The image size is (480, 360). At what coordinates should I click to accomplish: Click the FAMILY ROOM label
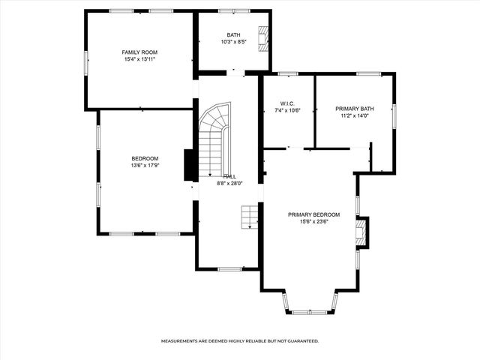[x=139, y=52]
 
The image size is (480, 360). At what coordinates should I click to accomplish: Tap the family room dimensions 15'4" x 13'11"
[x=139, y=59]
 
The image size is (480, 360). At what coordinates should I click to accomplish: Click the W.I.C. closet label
[x=289, y=103]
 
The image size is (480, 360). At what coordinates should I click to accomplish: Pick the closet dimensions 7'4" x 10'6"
[x=289, y=110]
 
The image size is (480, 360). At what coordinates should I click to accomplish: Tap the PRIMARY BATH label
[x=354, y=109]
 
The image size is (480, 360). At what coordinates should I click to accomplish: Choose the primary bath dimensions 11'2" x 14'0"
[x=354, y=116]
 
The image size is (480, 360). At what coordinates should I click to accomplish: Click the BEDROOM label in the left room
[x=145, y=158]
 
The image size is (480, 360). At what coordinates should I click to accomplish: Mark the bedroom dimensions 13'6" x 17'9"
[x=145, y=166]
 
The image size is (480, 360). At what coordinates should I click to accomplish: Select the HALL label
[x=229, y=175]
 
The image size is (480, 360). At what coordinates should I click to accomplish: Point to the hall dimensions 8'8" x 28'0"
[x=229, y=183]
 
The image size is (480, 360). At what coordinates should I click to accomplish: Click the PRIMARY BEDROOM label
[x=313, y=214]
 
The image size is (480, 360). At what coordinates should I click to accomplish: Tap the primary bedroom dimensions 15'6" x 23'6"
[x=313, y=222]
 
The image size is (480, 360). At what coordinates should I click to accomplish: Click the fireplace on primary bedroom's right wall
[x=361, y=232]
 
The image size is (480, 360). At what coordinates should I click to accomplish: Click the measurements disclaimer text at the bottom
[x=240, y=340]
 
